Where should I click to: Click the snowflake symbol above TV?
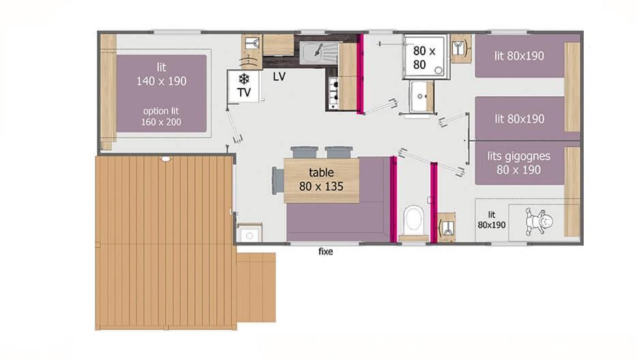click(243, 78)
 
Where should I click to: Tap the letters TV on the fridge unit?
click(243, 93)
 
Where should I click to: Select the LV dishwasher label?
click(279, 76)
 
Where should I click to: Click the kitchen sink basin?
click(314, 53)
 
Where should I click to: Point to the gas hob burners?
click(334, 93)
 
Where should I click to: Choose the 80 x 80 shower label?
click(424, 57)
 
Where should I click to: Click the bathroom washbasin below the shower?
click(421, 97)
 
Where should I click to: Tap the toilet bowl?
click(413, 220)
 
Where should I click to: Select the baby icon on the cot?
click(539, 222)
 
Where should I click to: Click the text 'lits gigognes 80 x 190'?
click(519, 163)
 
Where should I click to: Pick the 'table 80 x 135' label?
click(321, 179)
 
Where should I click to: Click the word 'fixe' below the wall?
click(325, 252)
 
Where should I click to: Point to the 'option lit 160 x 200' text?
click(161, 116)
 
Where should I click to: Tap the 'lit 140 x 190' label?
click(161, 74)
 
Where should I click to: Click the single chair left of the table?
click(278, 181)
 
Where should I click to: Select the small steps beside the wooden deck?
click(256, 288)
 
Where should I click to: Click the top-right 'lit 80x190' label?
click(519, 56)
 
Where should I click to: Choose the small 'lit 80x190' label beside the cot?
click(492, 220)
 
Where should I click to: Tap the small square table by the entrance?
click(250, 232)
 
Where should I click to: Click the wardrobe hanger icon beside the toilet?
click(447, 228)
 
